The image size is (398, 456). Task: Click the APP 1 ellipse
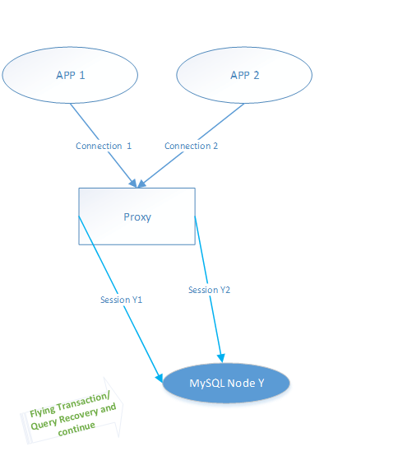[x=70, y=75]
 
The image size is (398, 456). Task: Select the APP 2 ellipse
[x=244, y=75]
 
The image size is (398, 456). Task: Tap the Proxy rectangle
[x=137, y=216]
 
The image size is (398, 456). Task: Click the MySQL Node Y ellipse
[x=226, y=383]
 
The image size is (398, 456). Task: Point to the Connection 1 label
[x=104, y=146]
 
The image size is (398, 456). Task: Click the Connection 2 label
[x=191, y=146]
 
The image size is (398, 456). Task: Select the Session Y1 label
[x=122, y=300]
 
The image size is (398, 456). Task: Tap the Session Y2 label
[x=209, y=290]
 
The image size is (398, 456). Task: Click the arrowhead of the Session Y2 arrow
[x=222, y=358]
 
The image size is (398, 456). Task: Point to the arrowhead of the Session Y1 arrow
[x=160, y=378]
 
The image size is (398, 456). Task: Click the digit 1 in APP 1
[x=82, y=76]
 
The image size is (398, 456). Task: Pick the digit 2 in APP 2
[x=257, y=76]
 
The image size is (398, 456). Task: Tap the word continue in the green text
[x=76, y=428]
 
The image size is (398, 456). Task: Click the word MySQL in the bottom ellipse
[x=207, y=384]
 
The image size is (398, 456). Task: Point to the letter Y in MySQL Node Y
[x=261, y=383]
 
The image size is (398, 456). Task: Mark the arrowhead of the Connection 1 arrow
[x=133, y=183]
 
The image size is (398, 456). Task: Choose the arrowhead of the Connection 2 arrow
[x=141, y=184]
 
